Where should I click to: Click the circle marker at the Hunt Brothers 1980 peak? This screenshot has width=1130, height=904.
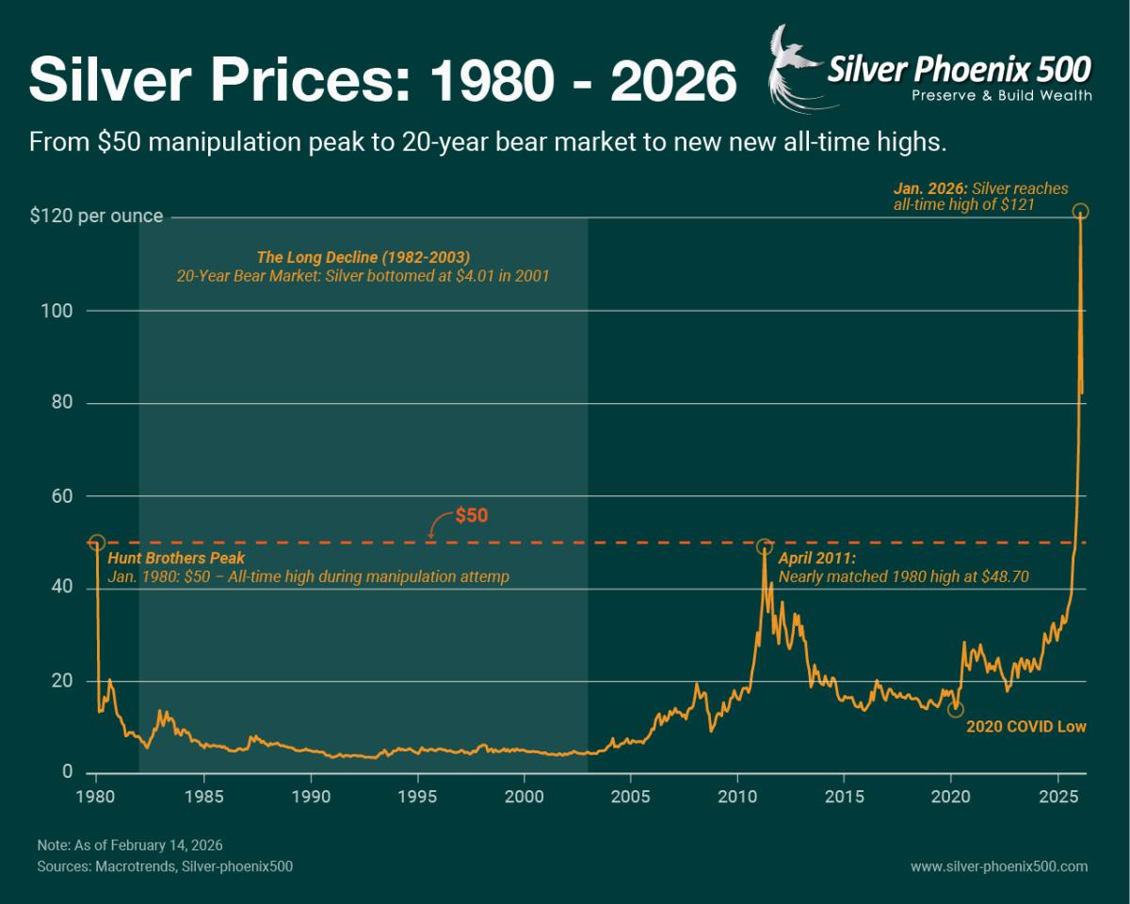click(x=96, y=543)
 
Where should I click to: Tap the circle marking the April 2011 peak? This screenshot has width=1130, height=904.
click(x=765, y=547)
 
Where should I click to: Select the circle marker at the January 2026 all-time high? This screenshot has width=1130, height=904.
click(x=1081, y=211)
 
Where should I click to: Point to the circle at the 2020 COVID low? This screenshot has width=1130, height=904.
click(x=956, y=709)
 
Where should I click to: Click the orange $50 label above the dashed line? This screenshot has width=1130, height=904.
click(x=472, y=516)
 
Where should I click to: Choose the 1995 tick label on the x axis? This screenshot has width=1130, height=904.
click(x=417, y=795)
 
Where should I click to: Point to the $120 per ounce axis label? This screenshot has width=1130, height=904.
click(x=96, y=217)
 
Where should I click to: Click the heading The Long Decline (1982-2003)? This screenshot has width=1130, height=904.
click(x=363, y=257)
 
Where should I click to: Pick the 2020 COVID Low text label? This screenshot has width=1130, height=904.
click(x=1026, y=727)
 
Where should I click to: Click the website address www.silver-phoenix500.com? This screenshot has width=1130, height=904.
click(x=999, y=866)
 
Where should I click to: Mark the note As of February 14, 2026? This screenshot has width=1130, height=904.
click(x=130, y=845)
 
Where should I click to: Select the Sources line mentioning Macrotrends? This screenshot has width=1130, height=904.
click(x=165, y=866)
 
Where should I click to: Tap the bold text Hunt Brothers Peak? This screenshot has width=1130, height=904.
click(x=177, y=558)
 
